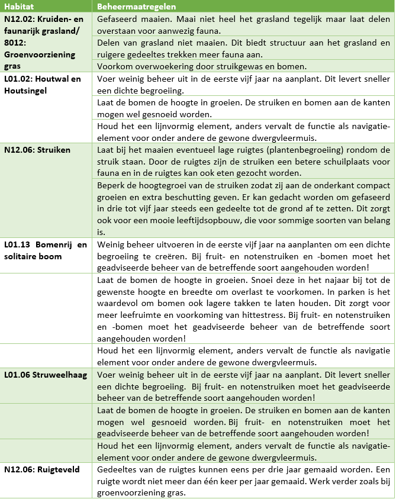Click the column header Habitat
tap(19, 7)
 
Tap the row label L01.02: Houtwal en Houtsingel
tap(42, 84)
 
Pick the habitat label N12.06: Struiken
tap(37, 150)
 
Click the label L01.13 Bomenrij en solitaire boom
tap(45, 249)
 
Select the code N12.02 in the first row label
tap(18, 19)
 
